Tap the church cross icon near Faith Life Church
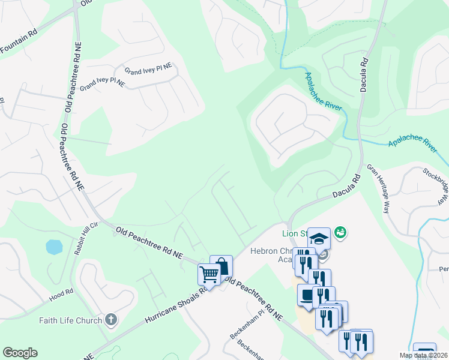[110, 319]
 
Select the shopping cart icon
[209, 275]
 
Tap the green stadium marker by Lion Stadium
[341, 231]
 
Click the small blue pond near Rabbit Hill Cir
[53, 247]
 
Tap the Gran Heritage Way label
[378, 189]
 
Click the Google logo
[20, 353]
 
